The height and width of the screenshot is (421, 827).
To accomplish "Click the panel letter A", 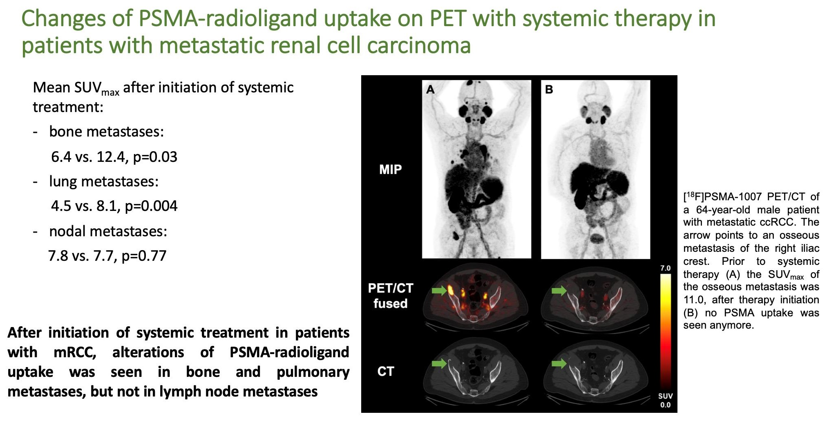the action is (x=430, y=89).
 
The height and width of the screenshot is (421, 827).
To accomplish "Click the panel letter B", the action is (x=549, y=89).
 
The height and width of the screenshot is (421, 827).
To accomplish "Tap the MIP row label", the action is (x=391, y=169).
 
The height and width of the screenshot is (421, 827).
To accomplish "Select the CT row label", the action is (x=386, y=371).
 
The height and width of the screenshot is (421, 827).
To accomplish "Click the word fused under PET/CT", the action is (x=390, y=303).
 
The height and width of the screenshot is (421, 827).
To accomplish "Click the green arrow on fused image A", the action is (x=440, y=291).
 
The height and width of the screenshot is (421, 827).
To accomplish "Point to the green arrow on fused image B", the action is (x=559, y=291).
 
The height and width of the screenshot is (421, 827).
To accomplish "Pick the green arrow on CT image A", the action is (x=440, y=363).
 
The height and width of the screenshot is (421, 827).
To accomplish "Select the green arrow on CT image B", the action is (x=559, y=363).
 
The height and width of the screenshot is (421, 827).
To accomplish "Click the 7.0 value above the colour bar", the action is (x=666, y=268).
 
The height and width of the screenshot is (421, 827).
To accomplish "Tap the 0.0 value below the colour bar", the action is (x=666, y=405).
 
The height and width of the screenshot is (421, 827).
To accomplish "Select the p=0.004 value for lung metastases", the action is (x=151, y=206).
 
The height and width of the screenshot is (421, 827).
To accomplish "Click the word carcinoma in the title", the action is (x=419, y=45).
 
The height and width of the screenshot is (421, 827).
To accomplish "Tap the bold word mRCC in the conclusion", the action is (x=75, y=352).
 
